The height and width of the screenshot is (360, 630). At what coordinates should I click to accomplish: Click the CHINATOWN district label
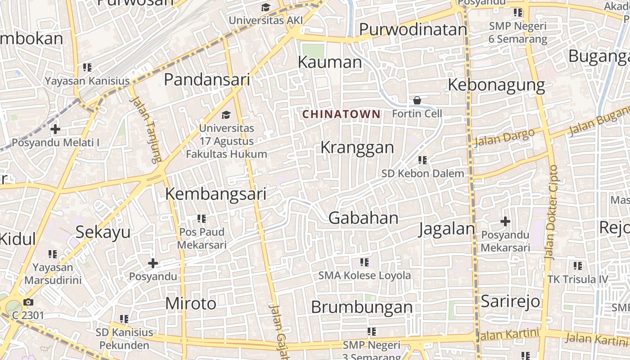point(342,114)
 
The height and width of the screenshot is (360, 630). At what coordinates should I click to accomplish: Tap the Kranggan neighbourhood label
point(357,148)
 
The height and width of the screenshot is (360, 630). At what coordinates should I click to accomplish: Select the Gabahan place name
point(364,218)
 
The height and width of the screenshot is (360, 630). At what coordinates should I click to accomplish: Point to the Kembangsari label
point(216,194)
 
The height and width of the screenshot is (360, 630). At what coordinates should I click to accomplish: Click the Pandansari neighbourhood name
point(207,80)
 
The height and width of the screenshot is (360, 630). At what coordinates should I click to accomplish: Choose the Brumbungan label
point(362,307)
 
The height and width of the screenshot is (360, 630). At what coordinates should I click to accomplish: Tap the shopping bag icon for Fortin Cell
point(417,100)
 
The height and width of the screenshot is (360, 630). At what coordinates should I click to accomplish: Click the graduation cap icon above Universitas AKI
point(266,8)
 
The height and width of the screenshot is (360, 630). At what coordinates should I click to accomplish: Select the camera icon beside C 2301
point(28,302)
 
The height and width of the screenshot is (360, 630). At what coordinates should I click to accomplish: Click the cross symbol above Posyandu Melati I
point(55,130)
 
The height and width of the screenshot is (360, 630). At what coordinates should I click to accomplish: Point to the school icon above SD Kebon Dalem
point(423,160)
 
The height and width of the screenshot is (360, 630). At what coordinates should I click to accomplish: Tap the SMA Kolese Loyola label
point(364,275)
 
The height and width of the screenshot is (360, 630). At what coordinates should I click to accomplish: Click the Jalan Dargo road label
point(504,137)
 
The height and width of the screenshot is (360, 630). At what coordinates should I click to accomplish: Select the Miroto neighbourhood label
point(191,304)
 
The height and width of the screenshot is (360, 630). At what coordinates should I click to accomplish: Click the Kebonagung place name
point(496,85)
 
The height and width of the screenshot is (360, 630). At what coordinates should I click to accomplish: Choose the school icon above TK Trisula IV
point(578,266)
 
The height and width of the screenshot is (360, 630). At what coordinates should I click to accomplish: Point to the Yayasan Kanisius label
point(87,81)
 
